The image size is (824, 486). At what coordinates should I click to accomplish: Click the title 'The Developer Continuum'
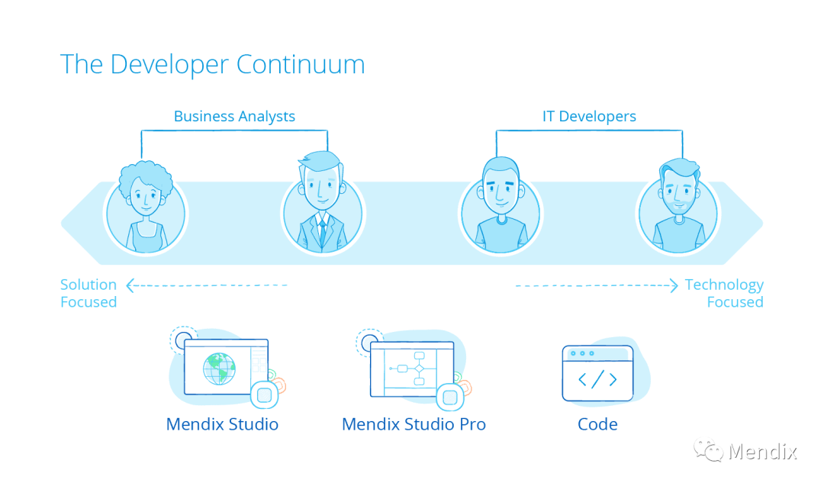point(212,64)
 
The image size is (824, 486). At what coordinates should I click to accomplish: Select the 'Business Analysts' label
point(234,117)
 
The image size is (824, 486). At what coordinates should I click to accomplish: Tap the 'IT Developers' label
point(589,117)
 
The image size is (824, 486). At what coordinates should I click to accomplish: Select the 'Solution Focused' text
point(89,293)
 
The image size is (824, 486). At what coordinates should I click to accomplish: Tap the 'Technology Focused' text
point(725,293)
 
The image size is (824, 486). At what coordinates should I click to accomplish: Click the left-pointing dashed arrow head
point(130,285)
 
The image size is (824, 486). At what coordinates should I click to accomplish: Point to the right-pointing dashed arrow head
point(673,285)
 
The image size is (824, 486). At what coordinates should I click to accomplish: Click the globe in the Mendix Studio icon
point(220,369)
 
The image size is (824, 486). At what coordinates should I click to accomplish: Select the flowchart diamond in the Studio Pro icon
point(418,369)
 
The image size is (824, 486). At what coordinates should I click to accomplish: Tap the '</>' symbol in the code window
point(597,379)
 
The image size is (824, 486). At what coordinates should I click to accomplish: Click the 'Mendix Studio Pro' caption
point(414,424)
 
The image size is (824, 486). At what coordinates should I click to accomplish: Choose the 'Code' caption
point(597,424)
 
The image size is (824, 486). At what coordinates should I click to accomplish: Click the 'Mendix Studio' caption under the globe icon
point(222,424)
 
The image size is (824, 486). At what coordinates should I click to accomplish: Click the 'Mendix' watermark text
point(762,451)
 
